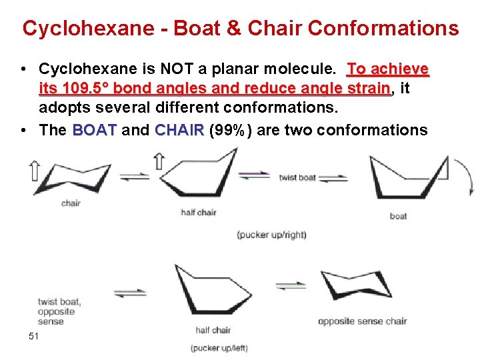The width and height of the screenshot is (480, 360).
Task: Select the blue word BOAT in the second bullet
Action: point(94,130)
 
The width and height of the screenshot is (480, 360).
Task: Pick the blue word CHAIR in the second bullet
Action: point(179,130)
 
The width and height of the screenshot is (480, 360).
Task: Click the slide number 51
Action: point(34,335)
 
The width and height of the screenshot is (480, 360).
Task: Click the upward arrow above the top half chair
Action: point(159,160)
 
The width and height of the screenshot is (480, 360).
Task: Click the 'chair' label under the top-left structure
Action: point(71,203)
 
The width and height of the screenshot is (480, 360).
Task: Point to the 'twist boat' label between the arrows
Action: point(297,177)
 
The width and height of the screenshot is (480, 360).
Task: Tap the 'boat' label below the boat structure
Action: point(398,216)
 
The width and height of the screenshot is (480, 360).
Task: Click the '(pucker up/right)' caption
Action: point(271,235)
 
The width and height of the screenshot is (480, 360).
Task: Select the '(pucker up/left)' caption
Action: point(219,348)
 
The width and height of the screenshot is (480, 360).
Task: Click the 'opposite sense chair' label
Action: point(362,321)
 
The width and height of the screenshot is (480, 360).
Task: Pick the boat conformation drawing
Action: point(408,177)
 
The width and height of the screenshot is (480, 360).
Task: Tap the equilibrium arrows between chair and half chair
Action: point(135,177)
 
